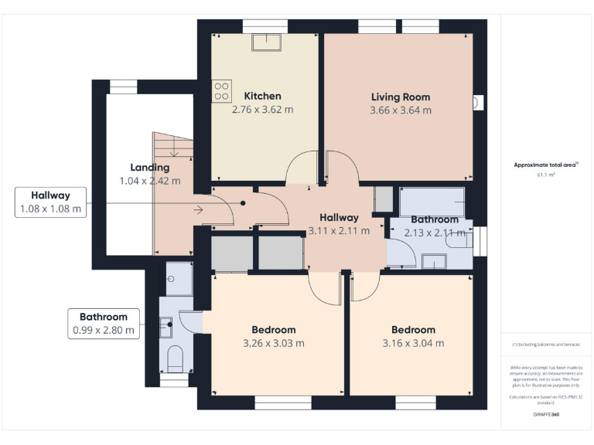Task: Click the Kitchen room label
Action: click(x=262, y=96)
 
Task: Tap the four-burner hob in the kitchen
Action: click(x=221, y=92)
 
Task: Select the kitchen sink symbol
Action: click(x=272, y=41)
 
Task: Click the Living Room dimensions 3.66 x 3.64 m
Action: click(x=400, y=110)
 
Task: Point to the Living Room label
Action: click(x=400, y=97)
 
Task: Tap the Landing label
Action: click(x=149, y=168)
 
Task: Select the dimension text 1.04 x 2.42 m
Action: click(x=149, y=181)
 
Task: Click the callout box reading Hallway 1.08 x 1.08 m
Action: click(x=50, y=202)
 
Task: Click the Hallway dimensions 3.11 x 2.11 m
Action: click(x=339, y=230)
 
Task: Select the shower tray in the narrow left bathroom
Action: click(x=179, y=278)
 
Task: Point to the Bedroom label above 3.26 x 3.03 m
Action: click(x=273, y=330)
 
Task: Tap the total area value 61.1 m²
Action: click(x=545, y=175)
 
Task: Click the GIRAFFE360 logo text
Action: click(x=545, y=415)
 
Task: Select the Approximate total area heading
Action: click(x=545, y=165)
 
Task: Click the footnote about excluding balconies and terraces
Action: click(x=545, y=345)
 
